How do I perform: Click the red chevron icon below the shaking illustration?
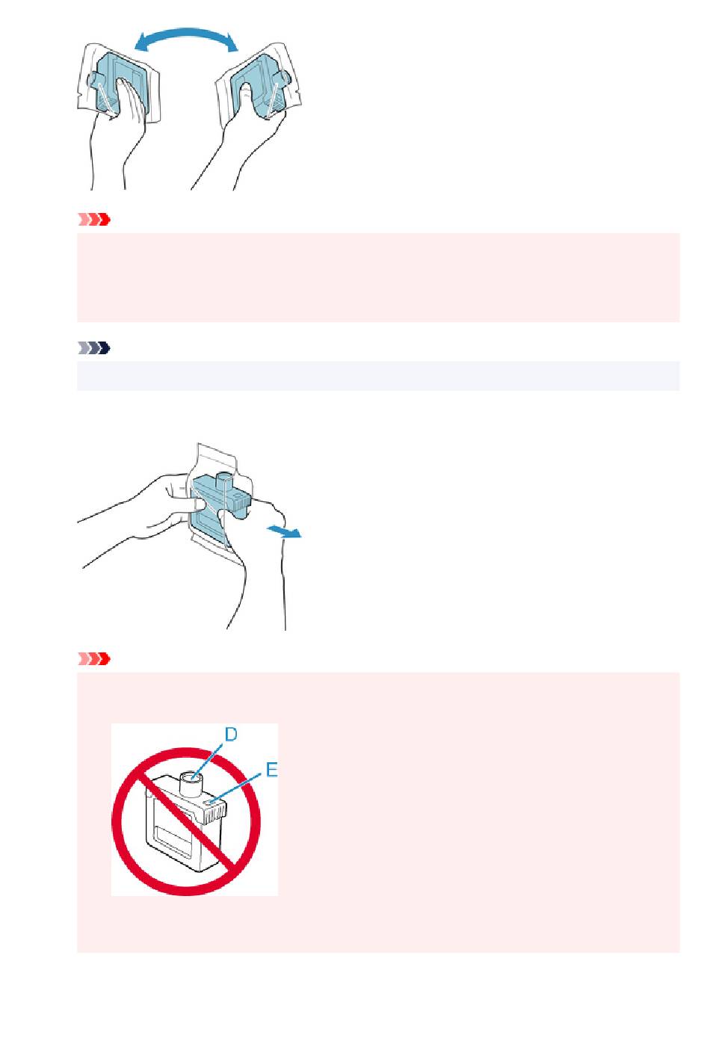pos(93,220)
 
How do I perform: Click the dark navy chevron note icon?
pos(93,348)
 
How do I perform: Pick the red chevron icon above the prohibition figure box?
pos(93,658)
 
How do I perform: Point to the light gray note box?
pos(378,376)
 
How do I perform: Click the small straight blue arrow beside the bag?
pos(284,531)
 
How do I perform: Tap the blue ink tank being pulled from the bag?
pos(218,508)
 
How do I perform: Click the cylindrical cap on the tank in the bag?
pos(225,480)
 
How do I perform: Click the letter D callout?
pos(231,735)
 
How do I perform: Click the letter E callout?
pos(271,770)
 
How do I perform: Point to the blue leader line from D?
pos(209,760)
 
